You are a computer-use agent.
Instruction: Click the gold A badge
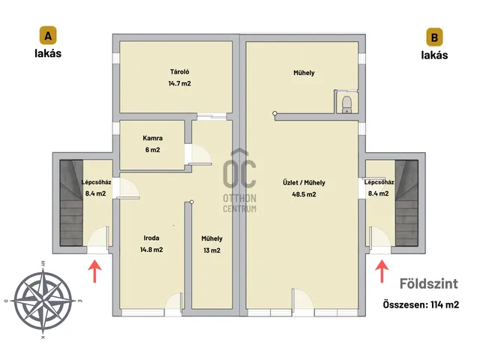coord(48,35)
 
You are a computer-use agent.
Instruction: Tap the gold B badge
coord(434,37)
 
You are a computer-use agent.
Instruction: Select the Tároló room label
coord(180,72)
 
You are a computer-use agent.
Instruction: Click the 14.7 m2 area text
coord(180,83)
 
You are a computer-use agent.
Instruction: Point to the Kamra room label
coord(152,138)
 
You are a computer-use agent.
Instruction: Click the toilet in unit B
coord(346,103)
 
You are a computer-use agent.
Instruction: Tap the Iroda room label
coord(151,238)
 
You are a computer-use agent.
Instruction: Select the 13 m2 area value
coord(211,250)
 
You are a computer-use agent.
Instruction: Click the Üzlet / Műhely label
coord(304,183)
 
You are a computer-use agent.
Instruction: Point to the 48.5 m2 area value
coord(304,194)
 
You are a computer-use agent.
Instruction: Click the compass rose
coord(43,300)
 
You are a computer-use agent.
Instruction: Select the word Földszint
coord(429,283)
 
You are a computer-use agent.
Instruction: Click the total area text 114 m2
coord(445,305)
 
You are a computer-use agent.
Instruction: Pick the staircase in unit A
coord(71,202)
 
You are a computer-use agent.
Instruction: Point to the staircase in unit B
coord(406,202)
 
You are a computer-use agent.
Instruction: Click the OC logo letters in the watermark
coord(239,173)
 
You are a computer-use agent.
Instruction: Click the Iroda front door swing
coord(174,301)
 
